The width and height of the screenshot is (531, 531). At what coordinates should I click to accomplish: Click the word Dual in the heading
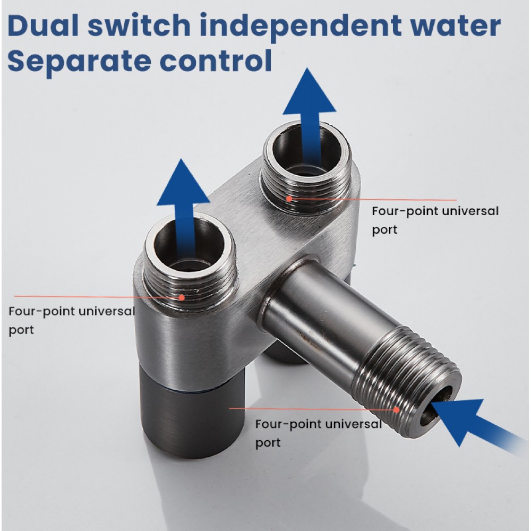pyautogui.click(x=43, y=25)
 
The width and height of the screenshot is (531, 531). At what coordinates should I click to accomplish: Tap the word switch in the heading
pyautogui.click(x=139, y=25)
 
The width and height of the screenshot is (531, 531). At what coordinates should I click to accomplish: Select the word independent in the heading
pyautogui.click(x=301, y=28)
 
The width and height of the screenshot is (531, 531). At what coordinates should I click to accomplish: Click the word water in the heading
pyautogui.click(x=456, y=26)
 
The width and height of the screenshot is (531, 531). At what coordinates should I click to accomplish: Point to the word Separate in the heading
pyautogui.click(x=79, y=62)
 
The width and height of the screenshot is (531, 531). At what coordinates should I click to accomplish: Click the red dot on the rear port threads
pyautogui.click(x=289, y=199)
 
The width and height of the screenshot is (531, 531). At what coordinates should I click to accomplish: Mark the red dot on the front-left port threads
pyautogui.click(x=182, y=298)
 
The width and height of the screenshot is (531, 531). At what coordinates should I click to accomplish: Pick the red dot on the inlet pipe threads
pyautogui.click(x=396, y=410)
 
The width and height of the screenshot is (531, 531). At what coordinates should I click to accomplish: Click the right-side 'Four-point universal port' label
pyautogui.click(x=435, y=220)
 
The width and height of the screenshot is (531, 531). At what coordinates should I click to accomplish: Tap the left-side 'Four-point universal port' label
pyautogui.click(x=72, y=320)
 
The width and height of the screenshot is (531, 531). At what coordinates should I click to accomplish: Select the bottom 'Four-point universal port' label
pyautogui.click(x=318, y=433)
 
